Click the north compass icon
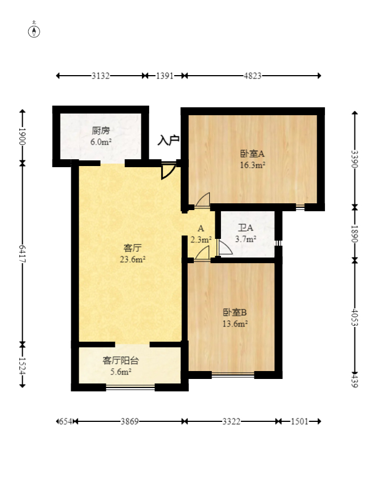point(35,30)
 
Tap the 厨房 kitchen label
point(101,131)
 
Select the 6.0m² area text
point(101,142)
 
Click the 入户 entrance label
point(168,140)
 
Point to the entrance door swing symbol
point(167,172)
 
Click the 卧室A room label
point(252,154)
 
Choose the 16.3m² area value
point(252,165)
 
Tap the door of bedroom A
point(203,199)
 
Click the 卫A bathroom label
point(246,228)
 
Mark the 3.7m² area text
point(246,239)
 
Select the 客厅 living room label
point(132,248)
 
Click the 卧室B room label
point(235,312)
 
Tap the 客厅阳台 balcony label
point(118,360)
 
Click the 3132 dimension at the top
point(101,76)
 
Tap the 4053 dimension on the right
point(354,316)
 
